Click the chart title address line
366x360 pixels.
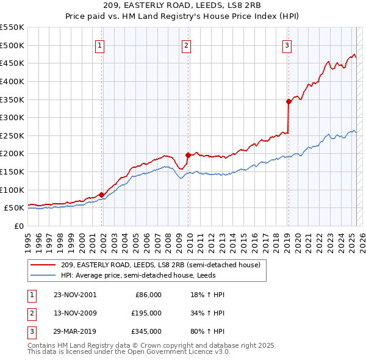(x=183, y=6)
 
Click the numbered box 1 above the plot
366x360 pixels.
(x=99, y=45)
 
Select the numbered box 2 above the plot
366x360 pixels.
(x=186, y=45)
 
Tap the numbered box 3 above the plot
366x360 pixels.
(x=287, y=45)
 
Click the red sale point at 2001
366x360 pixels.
(x=101, y=195)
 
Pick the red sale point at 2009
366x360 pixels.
(x=188, y=155)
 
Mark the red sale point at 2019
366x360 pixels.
(x=289, y=101)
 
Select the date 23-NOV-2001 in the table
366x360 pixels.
(x=75, y=295)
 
